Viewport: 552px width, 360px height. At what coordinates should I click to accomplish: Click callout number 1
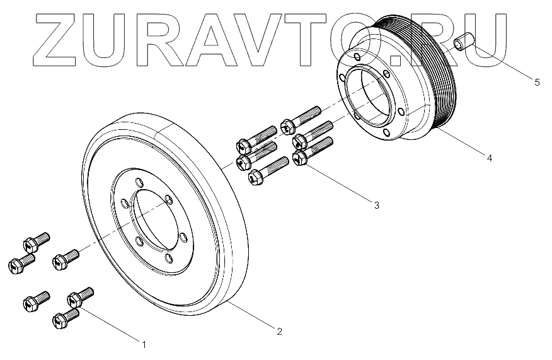click(144, 345)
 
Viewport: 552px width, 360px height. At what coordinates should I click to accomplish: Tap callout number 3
click(376, 205)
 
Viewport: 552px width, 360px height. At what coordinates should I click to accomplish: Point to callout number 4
click(490, 158)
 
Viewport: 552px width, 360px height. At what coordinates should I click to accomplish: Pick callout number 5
click(536, 82)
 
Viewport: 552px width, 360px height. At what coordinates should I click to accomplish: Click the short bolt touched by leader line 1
click(79, 296)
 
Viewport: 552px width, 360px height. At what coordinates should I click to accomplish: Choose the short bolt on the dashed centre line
click(65, 258)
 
